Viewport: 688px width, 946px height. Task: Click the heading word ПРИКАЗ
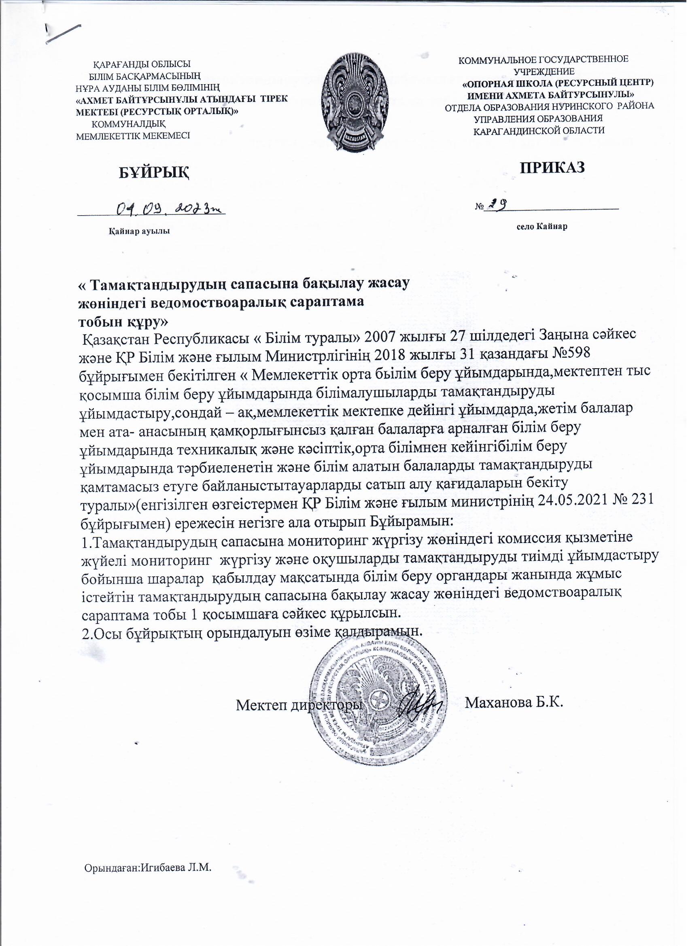pos(552,167)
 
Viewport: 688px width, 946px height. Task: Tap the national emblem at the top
pos(355,104)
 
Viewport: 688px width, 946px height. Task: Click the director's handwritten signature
pos(419,704)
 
